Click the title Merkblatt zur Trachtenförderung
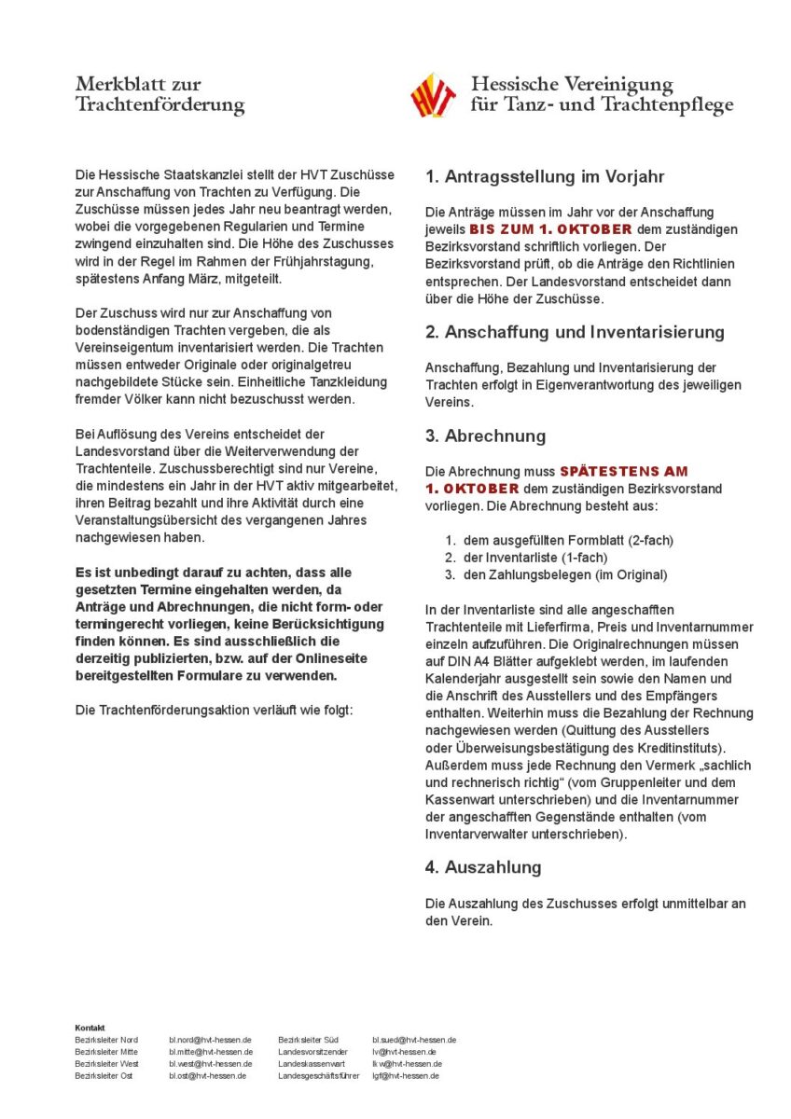click(160, 95)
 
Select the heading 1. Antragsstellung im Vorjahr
click(544, 176)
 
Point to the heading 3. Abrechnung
click(485, 435)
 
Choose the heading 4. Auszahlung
click(483, 867)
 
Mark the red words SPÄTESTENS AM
click(623, 472)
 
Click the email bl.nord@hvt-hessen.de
click(210, 1040)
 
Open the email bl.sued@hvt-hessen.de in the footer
click(414, 1040)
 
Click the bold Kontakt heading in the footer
click(90, 1028)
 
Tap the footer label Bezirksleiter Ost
click(104, 1076)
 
